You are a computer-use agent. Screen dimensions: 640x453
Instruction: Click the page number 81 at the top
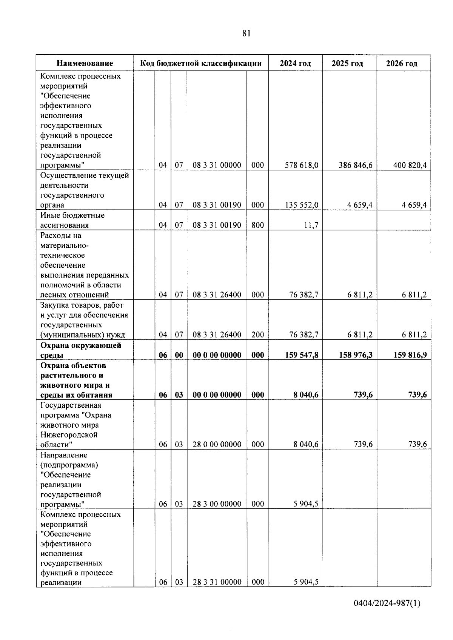246,34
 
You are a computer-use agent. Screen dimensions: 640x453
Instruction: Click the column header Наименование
85,63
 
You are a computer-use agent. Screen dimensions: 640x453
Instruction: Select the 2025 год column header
347,63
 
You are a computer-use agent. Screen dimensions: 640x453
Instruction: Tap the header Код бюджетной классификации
201,63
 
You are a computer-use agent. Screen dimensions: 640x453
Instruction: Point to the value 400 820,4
410,165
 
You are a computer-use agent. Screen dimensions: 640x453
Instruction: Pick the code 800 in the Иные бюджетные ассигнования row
257,226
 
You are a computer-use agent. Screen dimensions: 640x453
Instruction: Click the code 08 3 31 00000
217,165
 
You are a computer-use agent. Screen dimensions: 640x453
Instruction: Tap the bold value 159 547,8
302,355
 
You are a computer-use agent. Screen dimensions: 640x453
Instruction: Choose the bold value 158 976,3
356,355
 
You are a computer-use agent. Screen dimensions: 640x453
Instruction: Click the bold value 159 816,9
410,355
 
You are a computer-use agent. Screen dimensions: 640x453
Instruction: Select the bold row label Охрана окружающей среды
80,350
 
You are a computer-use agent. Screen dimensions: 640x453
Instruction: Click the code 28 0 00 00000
217,445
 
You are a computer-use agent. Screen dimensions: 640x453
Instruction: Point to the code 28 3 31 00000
217,582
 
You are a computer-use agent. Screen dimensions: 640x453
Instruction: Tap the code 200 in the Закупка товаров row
257,335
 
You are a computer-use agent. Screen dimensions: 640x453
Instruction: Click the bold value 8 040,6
306,395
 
